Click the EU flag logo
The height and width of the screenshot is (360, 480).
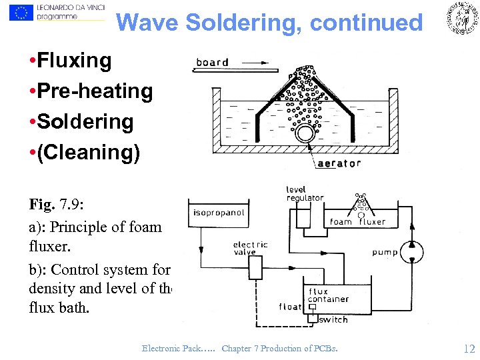pyautogui.click(x=22, y=12)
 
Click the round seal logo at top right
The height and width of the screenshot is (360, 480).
pyautogui.click(x=461, y=18)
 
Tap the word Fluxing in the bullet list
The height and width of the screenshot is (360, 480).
pyautogui.click(x=75, y=61)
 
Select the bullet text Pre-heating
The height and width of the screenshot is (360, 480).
pyautogui.click(x=95, y=91)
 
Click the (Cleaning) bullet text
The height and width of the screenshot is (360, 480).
pyautogui.click(x=89, y=153)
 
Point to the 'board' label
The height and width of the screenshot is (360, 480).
pyautogui.click(x=212, y=62)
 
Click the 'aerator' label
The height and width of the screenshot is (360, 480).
pyautogui.click(x=339, y=163)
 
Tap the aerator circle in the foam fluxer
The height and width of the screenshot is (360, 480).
pyautogui.click(x=305, y=133)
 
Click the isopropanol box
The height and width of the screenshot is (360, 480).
pyautogui.click(x=219, y=213)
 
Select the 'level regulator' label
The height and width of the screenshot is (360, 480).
pyautogui.click(x=305, y=194)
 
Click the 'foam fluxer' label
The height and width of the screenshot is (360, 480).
pyautogui.click(x=358, y=222)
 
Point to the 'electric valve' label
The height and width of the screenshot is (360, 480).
pyautogui.click(x=251, y=248)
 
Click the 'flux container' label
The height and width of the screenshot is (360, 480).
pyautogui.click(x=328, y=295)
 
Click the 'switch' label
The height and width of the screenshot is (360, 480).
pyautogui.click(x=333, y=319)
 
